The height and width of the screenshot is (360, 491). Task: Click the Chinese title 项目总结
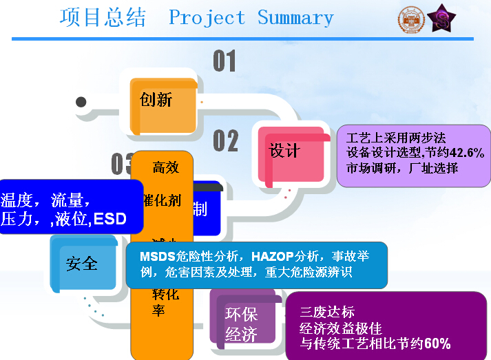[103, 17]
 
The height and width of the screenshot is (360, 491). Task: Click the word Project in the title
[207, 18]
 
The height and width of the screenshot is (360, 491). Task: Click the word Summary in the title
[295, 18]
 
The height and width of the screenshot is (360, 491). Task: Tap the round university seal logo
[411, 19]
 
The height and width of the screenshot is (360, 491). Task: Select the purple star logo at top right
[441, 19]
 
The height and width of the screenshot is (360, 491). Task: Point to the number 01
[224, 61]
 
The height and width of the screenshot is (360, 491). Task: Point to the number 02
[225, 140]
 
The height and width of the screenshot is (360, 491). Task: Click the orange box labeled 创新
[158, 101]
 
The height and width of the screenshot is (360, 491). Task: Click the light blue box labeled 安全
[82, 262]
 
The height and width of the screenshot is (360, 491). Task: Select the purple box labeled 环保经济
[242, 324]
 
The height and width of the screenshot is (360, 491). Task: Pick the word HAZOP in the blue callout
[273, 256]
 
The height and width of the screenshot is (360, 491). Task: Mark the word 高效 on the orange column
[165, 167]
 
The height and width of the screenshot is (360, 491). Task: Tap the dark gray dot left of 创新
[81, 102]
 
